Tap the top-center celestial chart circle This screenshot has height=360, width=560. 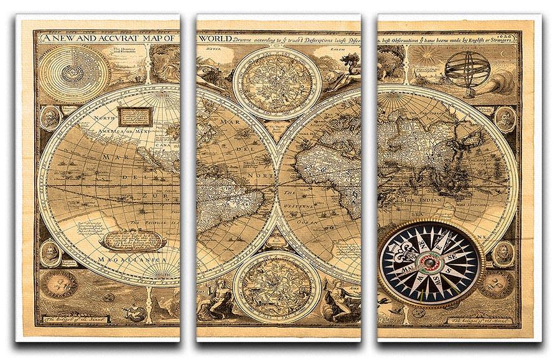point(277,82)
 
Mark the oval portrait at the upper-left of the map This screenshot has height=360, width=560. point(50,116)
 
